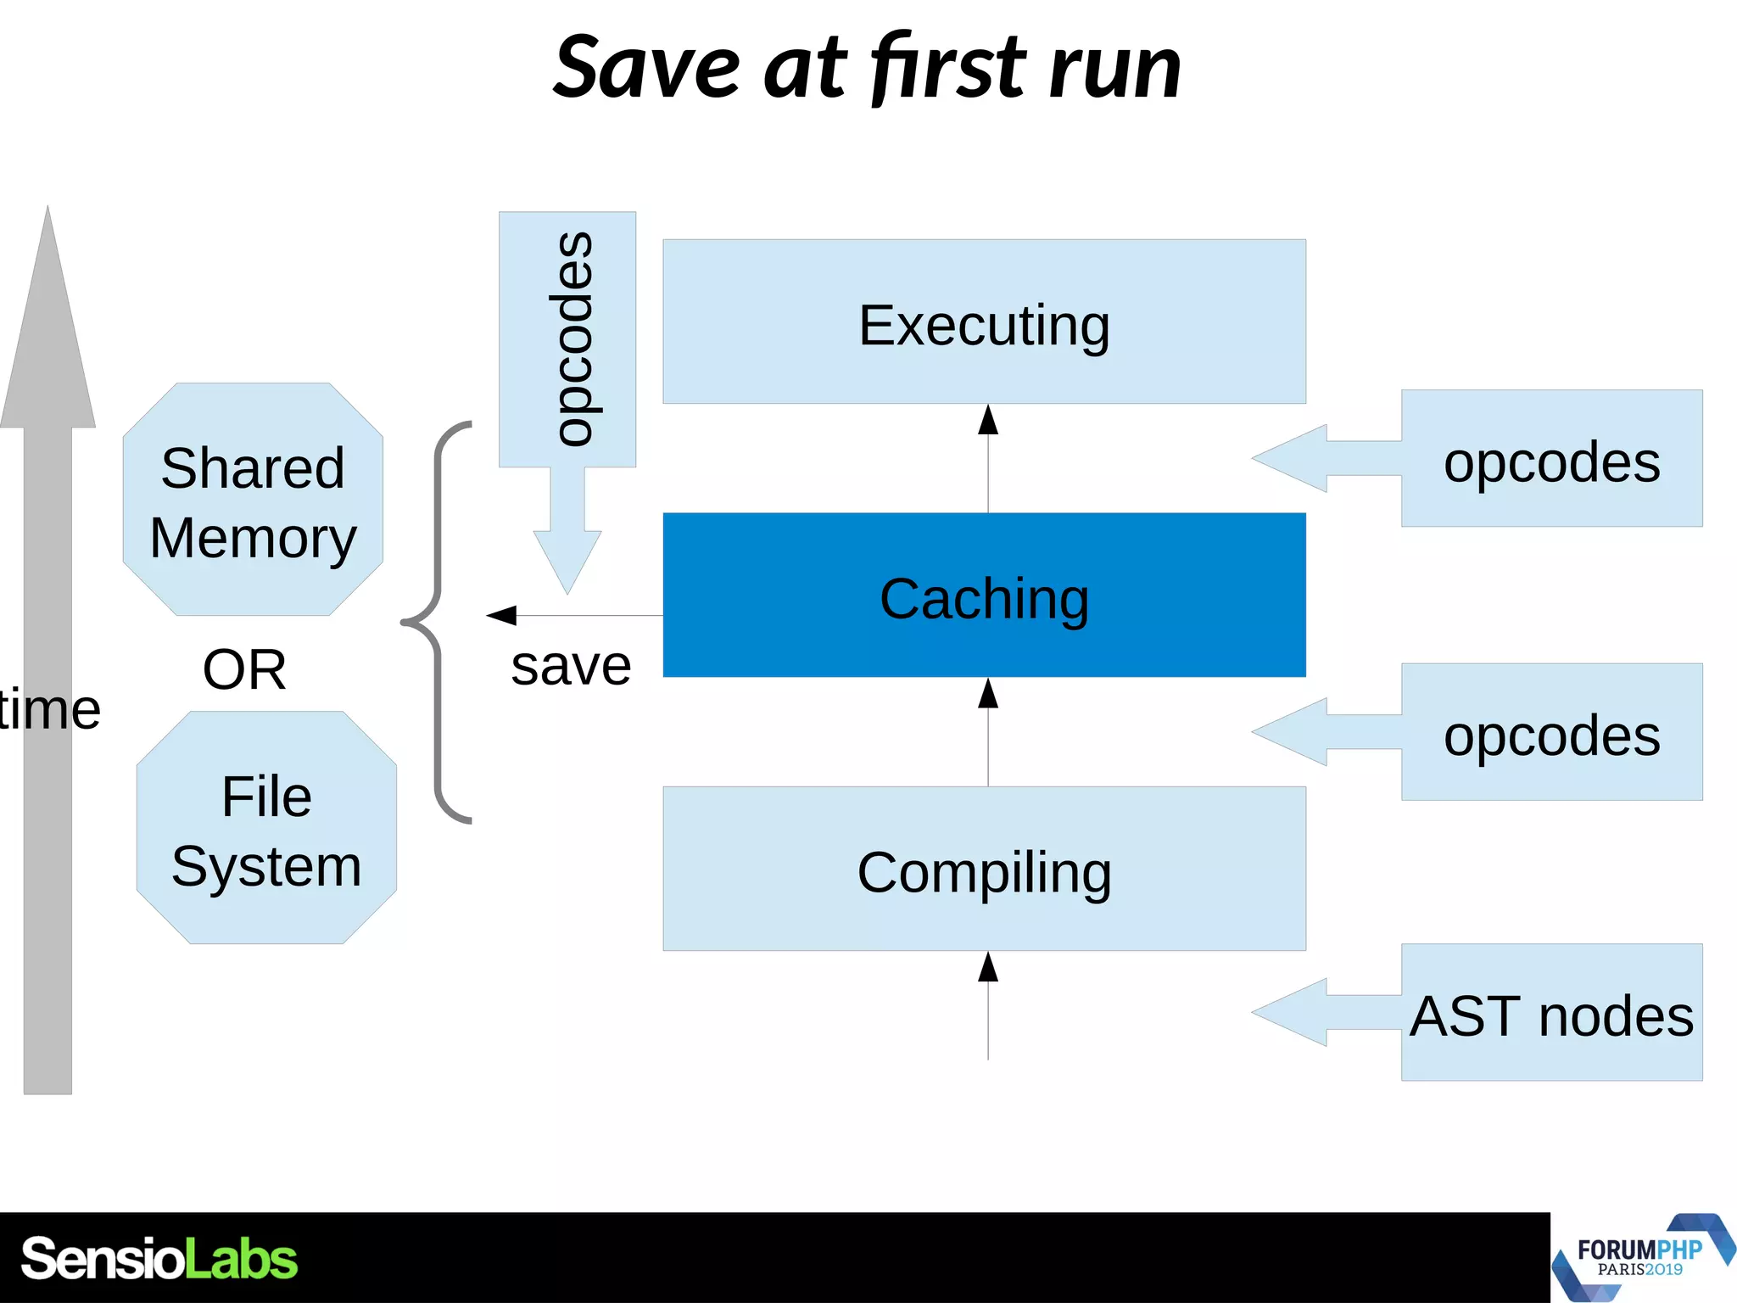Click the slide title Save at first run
pyautogui.click(x=867, y=68)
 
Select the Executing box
pyautogui.click(x=984, y=322)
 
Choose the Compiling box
pyautogui.click(x=984, y=869)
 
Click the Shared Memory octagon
pyautogui.click(x=253, y=501)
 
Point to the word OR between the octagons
pyautogui.click(x=244, y=669)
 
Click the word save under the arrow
pyautogui.click(x=571, y=666)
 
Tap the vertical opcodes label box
pyautogui.click(x=567, y=339)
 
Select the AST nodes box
pyautogui.click(x=1551, y=1013)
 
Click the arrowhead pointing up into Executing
pyautogui.click(x=988, y=420)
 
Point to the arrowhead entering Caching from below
pyautogui.click(x=988, y=693)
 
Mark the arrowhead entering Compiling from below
pyautogui.click(x=988, y=966)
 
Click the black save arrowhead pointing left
pyautogui.click(x=502, y=615)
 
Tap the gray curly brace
pyautogui.click(x=437, y=622)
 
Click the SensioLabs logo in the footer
pyautogui.click(x=159, y=1258)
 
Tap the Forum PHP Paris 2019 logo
pyautogui.click(x=1641, y=1258)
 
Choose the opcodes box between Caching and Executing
pyautogui.click(x=1551, y=459)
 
